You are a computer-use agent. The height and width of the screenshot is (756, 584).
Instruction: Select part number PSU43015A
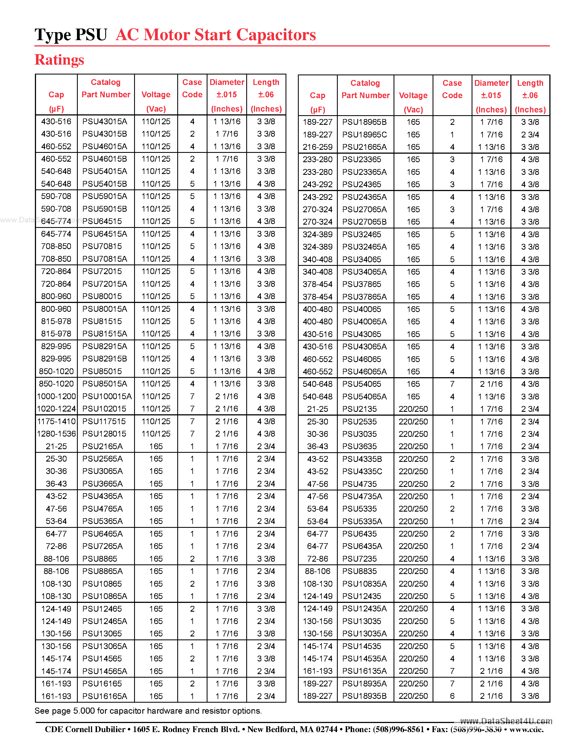tap(104, 122)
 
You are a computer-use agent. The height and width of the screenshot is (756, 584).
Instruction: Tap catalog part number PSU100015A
tap(107, 396)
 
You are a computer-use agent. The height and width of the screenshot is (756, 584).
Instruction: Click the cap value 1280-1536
tap(56, 434)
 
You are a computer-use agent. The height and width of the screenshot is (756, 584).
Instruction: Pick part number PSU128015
tap(104, 434)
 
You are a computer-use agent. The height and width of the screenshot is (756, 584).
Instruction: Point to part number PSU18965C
tap(364, 135)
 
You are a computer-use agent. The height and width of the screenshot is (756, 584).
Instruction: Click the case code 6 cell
tap(452, 696)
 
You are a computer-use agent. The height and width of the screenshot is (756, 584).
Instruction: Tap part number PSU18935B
tap(364, 696)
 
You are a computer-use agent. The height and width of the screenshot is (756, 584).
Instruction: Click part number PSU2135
tap(359, 409)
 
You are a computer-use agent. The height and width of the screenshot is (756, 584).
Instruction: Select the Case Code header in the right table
tap(452, 89)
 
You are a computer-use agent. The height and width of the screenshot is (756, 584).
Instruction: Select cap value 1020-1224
tap(56, 409)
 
